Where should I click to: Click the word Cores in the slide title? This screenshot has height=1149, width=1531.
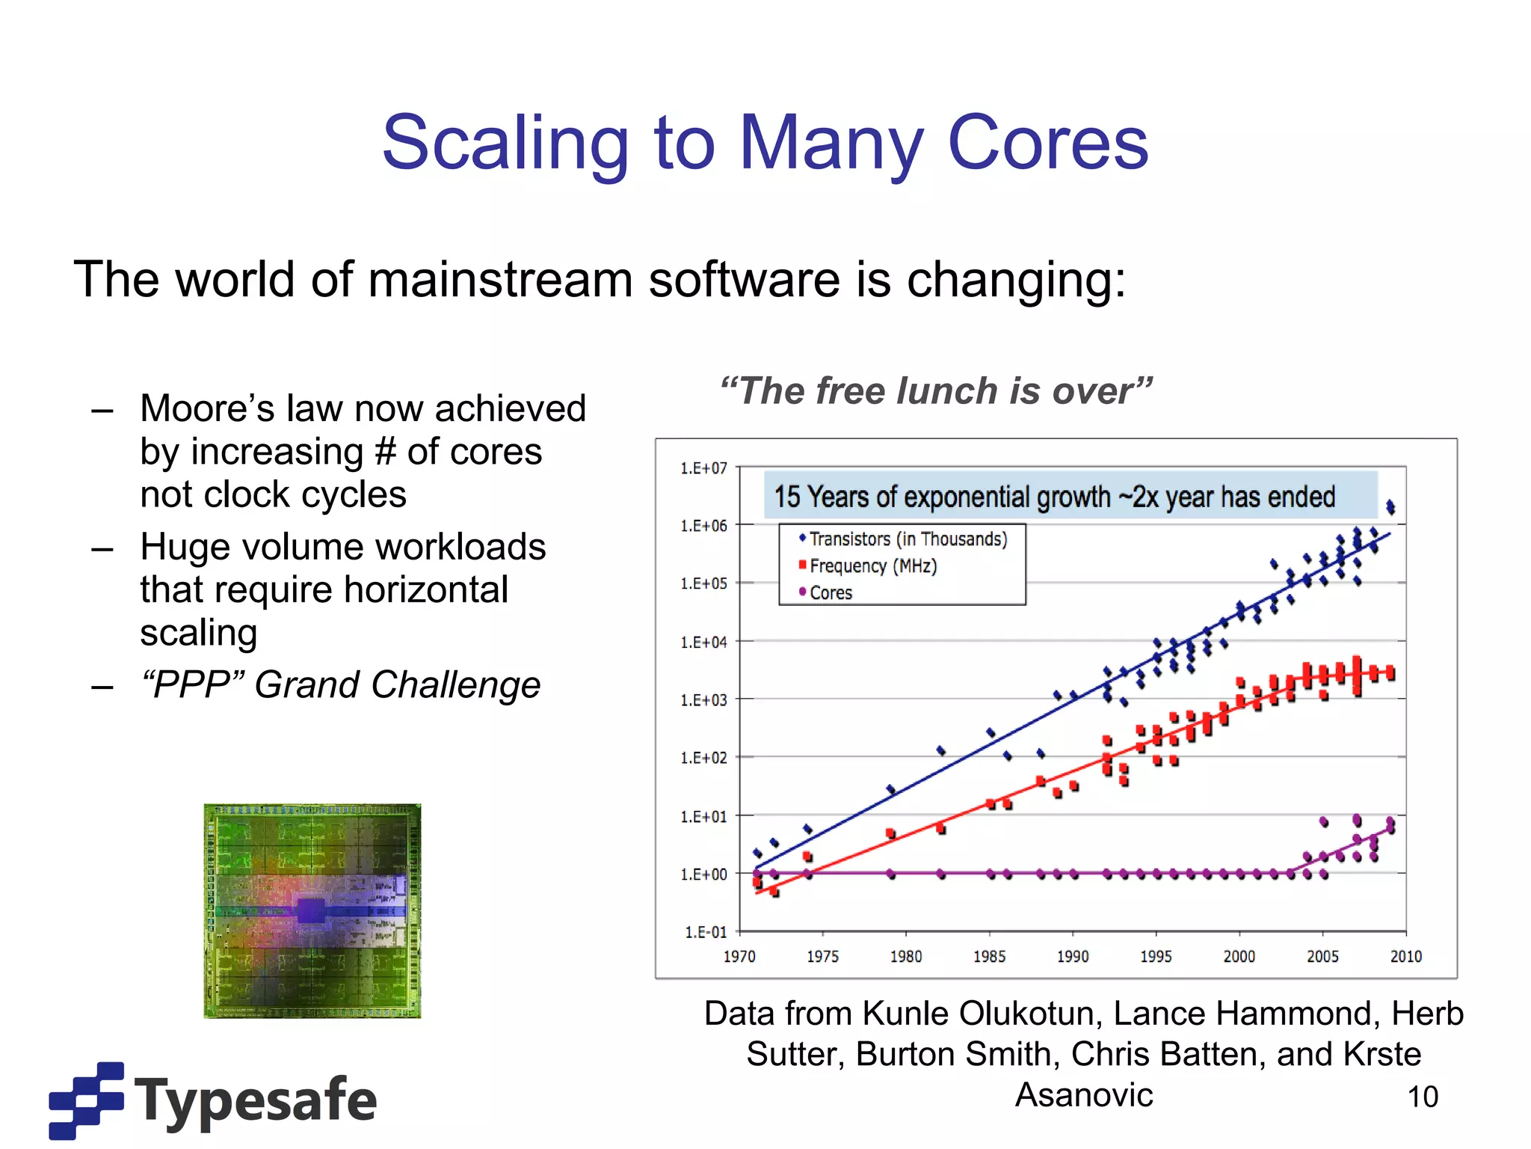(x=1047, y=143)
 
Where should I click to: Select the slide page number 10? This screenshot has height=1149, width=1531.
(x=1422, y=1097)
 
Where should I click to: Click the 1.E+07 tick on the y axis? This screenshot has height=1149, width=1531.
(x=703, y=469)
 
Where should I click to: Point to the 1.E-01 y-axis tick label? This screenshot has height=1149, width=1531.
(x=706, y=932)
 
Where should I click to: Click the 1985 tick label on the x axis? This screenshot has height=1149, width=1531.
(x=989, y=957)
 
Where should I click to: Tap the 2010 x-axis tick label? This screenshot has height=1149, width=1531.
(x=1405, y=957)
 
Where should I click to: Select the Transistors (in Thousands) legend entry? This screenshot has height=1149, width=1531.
(x=908, y=539)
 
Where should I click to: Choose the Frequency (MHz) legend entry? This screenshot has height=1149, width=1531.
(x=872, y=566)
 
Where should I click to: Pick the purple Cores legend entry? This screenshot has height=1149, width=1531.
(x=830, y=593)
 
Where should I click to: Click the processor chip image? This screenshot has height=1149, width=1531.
(x=312, y=911)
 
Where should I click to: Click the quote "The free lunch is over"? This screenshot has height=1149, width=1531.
(x=936, y=391)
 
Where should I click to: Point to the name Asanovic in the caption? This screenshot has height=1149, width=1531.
(x=1083, y=1095)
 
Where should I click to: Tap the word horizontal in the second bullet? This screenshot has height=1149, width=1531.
(x=426, y=590)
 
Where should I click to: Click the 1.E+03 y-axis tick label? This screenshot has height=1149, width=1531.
(x=703, y=700)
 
